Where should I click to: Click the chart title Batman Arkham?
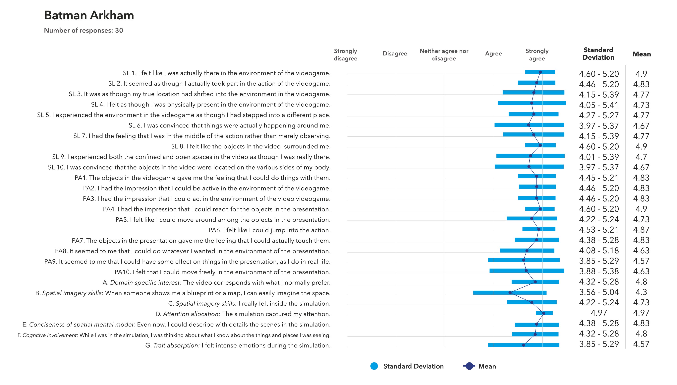coord(89,15)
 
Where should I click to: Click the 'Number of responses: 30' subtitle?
coord(84,30)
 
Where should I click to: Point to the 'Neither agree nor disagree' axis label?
coord(444,54)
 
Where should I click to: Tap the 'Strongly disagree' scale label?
coord(345,54)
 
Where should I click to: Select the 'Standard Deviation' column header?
coord(598,54)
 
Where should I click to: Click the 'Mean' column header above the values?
coord(642,54)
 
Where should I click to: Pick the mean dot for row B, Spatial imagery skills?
coord(510,292)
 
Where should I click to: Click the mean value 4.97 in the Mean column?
coord(641,313)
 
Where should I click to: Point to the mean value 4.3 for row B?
coord(641,292)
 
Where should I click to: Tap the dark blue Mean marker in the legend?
coord(469,366)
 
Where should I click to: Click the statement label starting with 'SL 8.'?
coord(251,146)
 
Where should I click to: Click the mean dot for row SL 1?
coord(540,72)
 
